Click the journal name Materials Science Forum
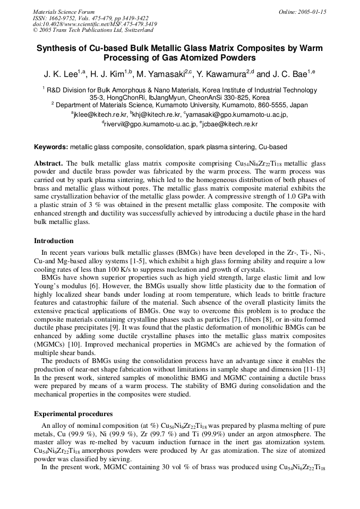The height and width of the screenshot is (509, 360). pos(64,12)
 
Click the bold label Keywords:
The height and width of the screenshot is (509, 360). pos(51,146)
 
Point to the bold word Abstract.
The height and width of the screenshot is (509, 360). pos(48,163)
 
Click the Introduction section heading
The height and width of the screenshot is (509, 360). pos(54,241)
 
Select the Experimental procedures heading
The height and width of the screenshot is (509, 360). pos(73,413)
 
